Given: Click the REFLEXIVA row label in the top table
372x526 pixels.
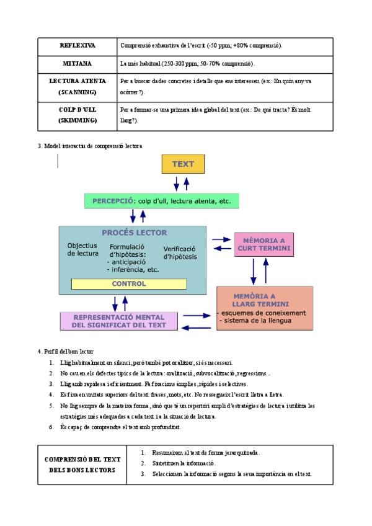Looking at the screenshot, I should pyautogui.click(x=77, y=46).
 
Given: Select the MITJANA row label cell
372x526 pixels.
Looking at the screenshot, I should pyautogui.click(x=77, y=64).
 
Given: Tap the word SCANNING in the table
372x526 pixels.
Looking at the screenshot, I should pyautogui.click(x=77, y=92).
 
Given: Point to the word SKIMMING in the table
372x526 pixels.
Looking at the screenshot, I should pyautogui.click(x=77, y=120).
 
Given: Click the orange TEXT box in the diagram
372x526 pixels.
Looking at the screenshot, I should pyautogui.click(x=183, y=164).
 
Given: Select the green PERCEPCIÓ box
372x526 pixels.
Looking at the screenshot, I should pyautogui.click(x=161, y=201).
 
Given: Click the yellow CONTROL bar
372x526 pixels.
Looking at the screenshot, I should pyautogui.click(x=129, y=284).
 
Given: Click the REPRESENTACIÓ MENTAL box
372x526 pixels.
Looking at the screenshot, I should pyautogui.click(x=119, y=320).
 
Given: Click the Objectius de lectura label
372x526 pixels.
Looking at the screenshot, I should pyautogui.click(x=82, y=249).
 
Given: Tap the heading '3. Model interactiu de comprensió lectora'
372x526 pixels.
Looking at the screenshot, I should pyautogui.click(x=90, y=146).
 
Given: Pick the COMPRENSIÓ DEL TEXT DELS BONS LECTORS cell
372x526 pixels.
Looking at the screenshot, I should pyautogui.click(x=82, y=465).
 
